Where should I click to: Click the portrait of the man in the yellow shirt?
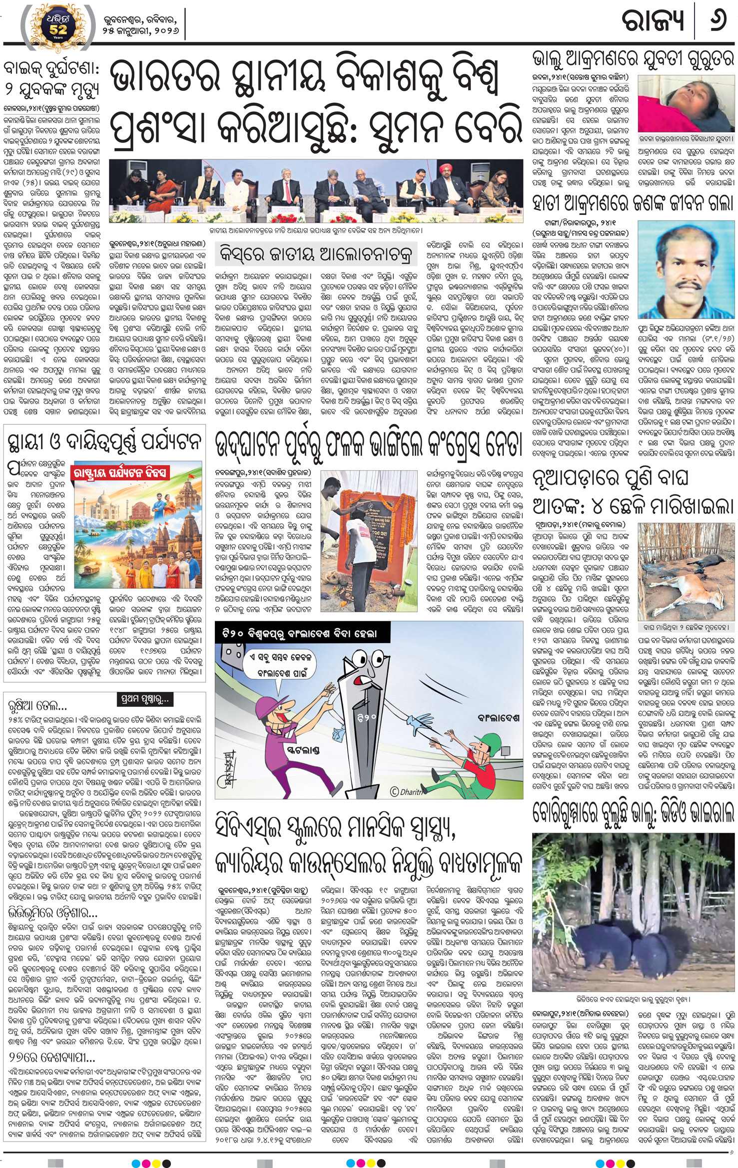pyautogui.click(x=685, y=270)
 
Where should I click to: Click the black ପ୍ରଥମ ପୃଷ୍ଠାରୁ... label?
pyautogui.click(x=145, y=699)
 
